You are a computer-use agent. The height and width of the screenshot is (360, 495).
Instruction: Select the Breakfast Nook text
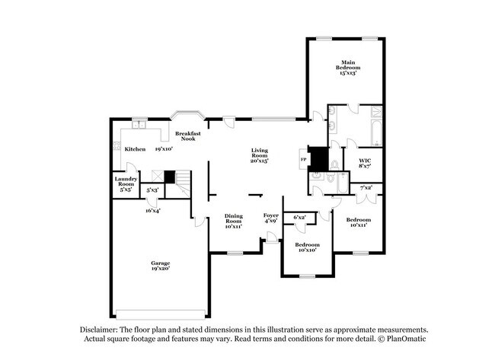(x=187, y=137)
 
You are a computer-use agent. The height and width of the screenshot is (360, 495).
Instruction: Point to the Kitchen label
(x=135, y=149)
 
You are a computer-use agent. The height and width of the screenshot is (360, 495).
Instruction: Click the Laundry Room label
(x=126, y=183)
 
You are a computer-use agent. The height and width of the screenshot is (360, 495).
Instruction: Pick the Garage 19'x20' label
(x=160, y=266)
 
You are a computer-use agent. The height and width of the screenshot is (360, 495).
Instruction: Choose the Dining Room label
(x=233, y=221)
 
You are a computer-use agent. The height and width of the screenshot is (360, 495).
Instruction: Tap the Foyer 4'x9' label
(x=270, y=218)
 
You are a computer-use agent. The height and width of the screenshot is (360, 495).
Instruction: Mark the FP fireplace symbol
(x=303, y=161)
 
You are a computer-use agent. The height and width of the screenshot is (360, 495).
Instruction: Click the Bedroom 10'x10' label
(x=307, y=247)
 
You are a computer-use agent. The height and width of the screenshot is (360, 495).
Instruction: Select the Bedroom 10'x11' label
(x=357, y=222)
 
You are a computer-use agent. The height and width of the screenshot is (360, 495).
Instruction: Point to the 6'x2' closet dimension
(x=299, y=218)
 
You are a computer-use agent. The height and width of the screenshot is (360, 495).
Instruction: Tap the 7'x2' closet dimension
(x=366, y=187)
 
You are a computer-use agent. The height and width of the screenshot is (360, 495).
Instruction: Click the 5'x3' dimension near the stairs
(x=152, y=190)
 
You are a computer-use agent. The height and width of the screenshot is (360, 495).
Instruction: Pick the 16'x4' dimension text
(x=153, y=210)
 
